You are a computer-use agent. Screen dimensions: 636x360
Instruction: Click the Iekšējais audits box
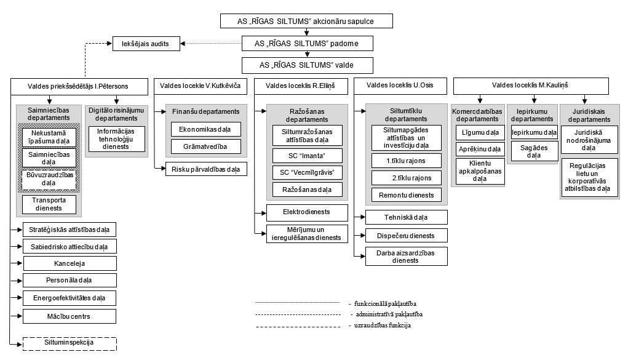tap(146, 44)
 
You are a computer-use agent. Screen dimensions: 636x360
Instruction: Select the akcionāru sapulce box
tap(306, 21)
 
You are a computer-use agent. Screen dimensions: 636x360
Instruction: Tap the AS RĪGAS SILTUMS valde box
tap(307, 65)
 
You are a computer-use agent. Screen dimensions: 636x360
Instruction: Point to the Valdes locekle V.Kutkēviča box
tap(201, 86)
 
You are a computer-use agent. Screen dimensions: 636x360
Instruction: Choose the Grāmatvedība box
tap(205, 146)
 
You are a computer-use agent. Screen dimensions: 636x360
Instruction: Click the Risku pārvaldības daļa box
tap(206, 169)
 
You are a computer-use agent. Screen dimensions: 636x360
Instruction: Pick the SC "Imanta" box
tap(307, 156)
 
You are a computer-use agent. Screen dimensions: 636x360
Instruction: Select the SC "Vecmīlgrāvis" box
tap(307, 172)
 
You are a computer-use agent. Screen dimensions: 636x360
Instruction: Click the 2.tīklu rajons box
tap(407, 178)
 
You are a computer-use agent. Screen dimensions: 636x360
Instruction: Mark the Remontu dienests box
tap(407, 195)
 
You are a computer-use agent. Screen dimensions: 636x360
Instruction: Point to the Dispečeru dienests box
tap(407, 236)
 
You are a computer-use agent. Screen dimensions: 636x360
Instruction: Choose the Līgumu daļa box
tap(480, 133)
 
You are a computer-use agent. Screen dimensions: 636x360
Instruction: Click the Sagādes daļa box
tap(534, 151)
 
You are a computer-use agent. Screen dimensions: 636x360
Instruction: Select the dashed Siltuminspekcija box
tap(70, 344)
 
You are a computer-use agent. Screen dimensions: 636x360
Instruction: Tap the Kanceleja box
tap(70, 263)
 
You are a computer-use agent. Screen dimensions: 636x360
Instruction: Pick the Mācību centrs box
tap(70, 316)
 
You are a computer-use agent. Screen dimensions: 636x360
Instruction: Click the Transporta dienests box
tap(49, 204)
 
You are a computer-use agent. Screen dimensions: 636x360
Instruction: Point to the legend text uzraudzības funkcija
tap(380, 325)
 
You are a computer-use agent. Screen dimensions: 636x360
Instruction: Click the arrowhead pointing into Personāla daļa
tap(20, 281)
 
